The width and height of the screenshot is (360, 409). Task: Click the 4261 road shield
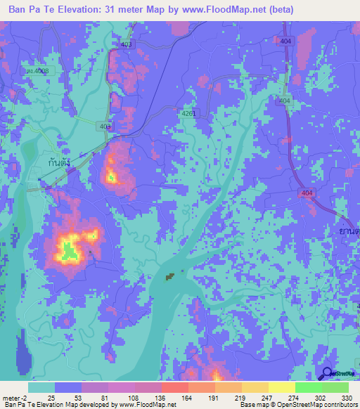point(189,113)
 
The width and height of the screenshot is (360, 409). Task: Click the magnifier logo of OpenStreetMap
point(328,373)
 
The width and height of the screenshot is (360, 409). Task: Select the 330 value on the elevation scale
point(346,398)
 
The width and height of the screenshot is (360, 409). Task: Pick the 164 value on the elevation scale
point(187,398)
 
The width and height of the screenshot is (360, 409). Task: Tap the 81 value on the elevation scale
point(108,398)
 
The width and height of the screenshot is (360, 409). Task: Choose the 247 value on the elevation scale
point(266,398)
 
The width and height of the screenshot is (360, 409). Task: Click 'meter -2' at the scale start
point(16,398)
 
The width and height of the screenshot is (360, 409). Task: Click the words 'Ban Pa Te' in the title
point(32,10)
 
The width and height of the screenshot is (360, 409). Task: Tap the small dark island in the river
point(169,278)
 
